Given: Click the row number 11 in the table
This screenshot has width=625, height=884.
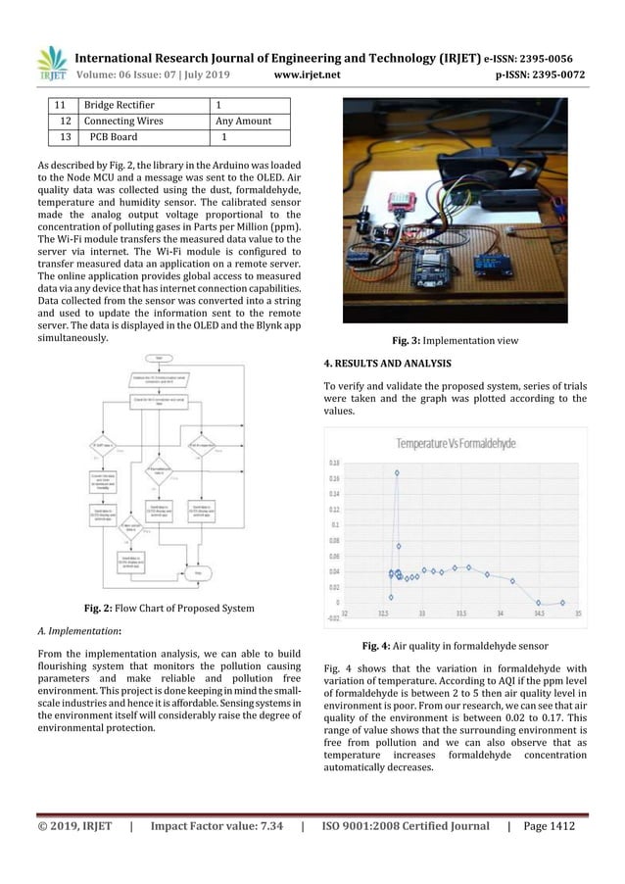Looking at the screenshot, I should [x=59, y=104].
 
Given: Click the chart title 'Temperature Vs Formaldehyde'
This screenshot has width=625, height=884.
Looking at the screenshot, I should [x=456, y=444].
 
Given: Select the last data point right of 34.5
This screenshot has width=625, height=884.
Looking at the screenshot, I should [x=562, y=602].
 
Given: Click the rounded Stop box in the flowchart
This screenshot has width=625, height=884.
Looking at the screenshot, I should [x=200, y=571].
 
